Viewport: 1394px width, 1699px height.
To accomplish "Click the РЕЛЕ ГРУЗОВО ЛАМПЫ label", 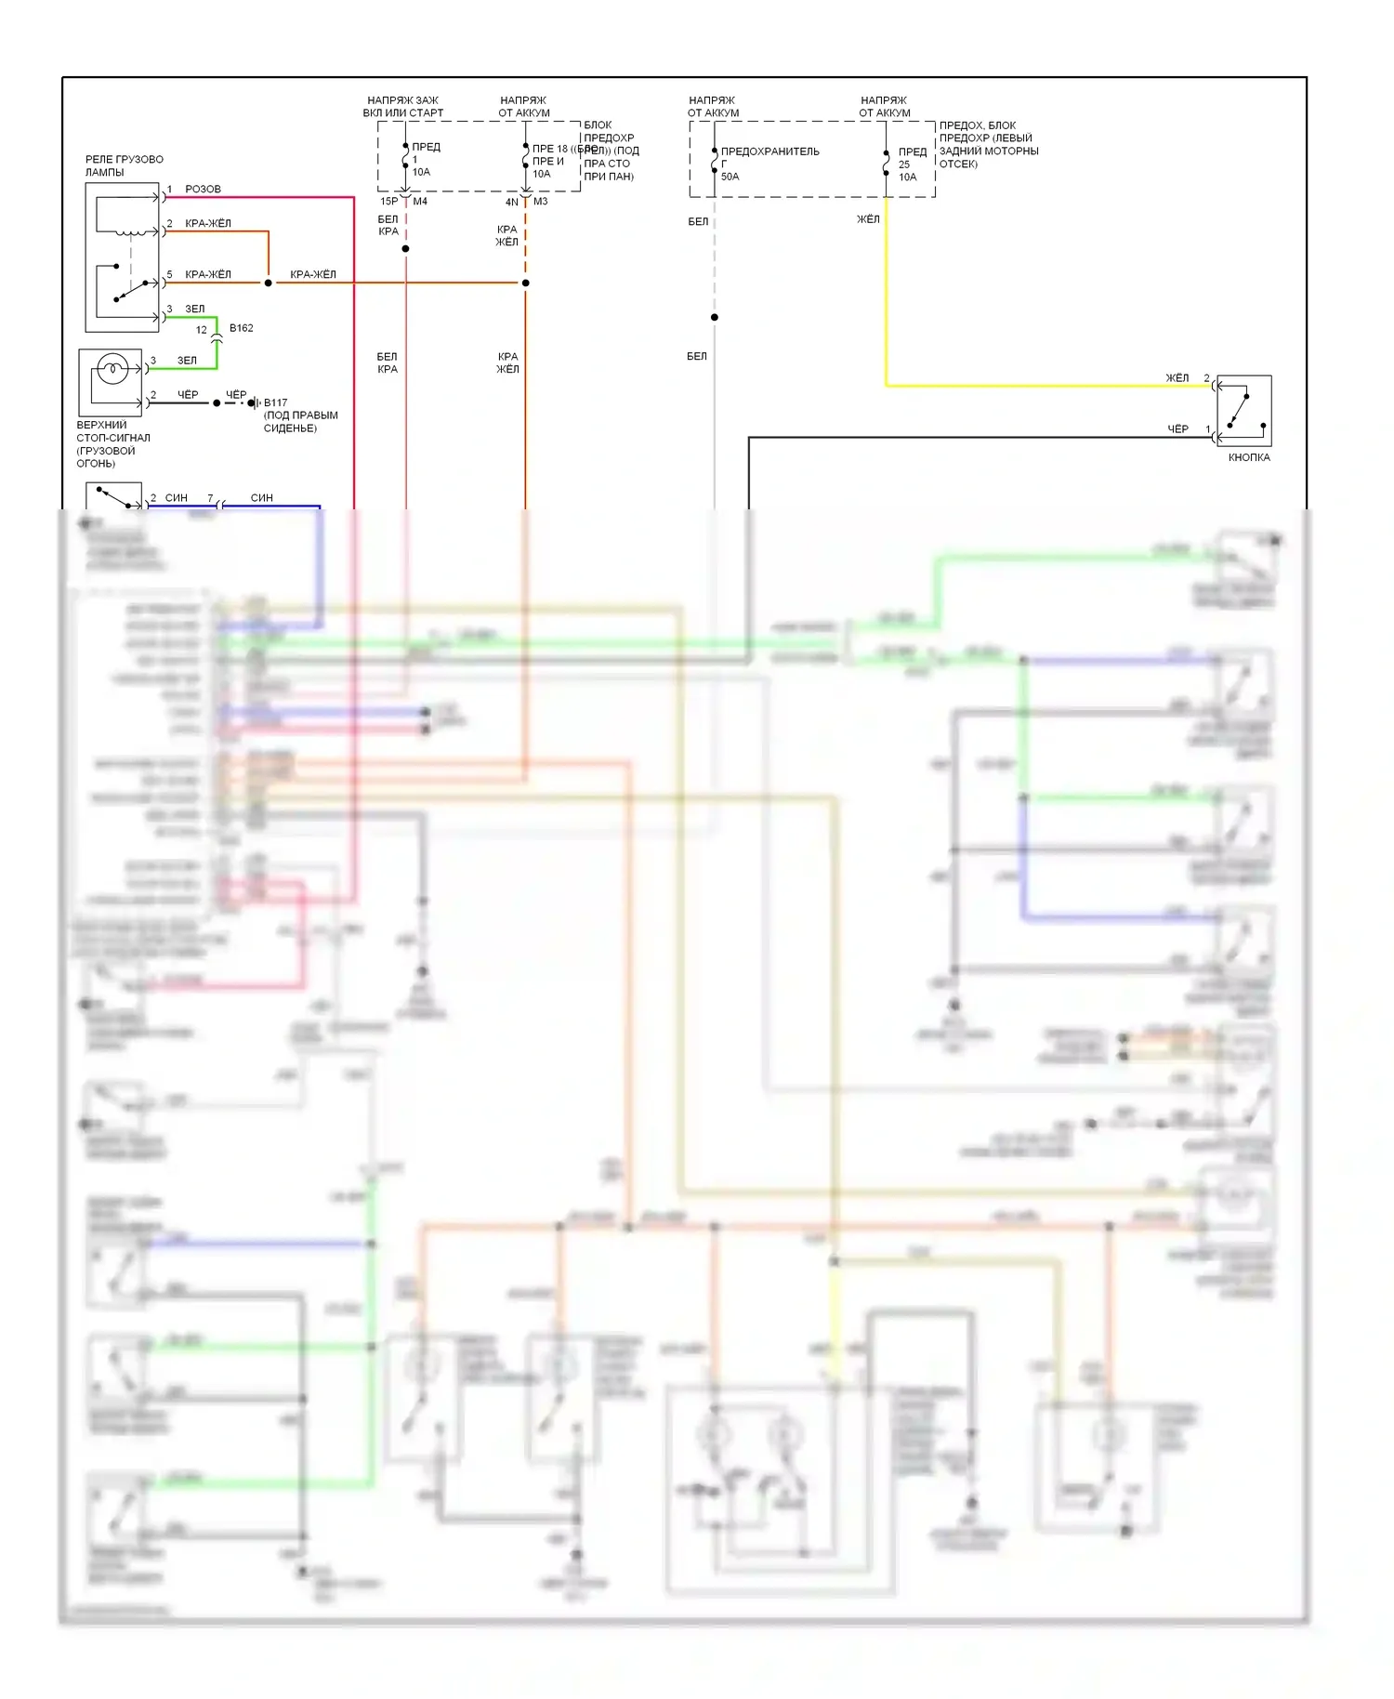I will click(124, 165).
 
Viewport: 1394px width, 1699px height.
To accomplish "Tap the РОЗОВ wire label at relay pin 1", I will click(203, 189).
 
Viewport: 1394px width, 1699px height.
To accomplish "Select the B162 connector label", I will click(241, 328).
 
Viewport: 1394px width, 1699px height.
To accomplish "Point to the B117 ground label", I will click(275, 402).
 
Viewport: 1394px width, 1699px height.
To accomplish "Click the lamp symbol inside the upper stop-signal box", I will click(112, 370).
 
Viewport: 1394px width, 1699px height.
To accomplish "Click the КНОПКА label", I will click(1248, 457).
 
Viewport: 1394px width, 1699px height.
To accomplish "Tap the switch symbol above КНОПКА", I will click(1243, 411).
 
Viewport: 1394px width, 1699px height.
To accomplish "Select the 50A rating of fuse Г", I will click(730, 177).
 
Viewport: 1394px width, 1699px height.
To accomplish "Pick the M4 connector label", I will click(420, 201).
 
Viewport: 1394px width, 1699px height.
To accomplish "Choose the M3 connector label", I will click(541, 201).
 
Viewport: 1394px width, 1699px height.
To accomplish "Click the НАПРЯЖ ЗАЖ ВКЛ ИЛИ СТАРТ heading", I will click(402, 106).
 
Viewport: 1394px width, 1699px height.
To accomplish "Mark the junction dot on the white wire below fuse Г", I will click(715, 318).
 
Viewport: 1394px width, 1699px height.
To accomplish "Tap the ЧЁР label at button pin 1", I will click(1177, 429).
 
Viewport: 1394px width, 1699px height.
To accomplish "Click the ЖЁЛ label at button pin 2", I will click(1177, 378).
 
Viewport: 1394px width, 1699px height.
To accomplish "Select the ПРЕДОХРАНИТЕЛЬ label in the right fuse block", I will click(769, 151).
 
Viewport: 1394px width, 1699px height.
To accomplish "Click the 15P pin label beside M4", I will click(388, 201).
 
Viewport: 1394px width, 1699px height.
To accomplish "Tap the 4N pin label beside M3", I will click(511, 202).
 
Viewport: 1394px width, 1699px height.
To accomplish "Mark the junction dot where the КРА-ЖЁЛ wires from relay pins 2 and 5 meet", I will click(269, 283).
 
